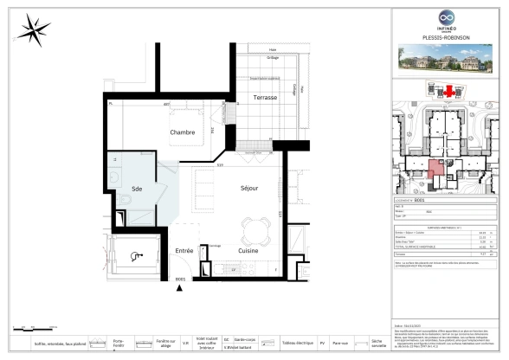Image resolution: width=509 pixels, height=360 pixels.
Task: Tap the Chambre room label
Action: coord(182,132)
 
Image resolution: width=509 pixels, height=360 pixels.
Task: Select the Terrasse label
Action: coord(264,98)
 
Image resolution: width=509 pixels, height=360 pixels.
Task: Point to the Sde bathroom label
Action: coord(136,188)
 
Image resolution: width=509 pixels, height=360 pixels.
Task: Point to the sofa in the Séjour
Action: coord(205,186)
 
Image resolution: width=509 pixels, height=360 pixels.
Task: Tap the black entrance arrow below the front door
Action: coord(179,287)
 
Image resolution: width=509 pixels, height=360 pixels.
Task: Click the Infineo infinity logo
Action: coord(447,17)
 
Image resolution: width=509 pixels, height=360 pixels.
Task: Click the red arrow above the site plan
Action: coord(448,90)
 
